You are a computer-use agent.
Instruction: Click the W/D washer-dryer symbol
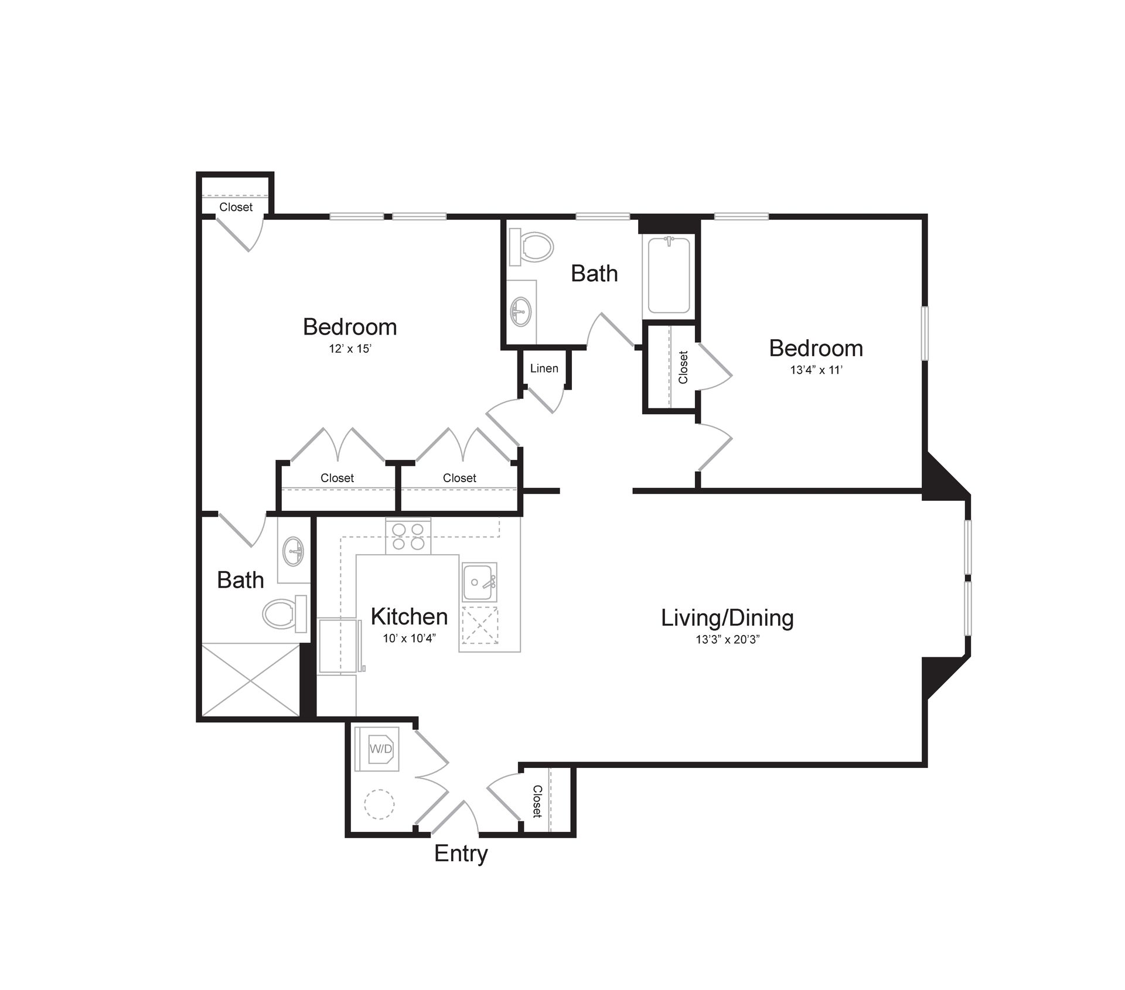tap(380, 749)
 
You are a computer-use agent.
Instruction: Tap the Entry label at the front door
tap(461, 854)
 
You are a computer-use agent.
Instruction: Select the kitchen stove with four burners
tap(408, 537)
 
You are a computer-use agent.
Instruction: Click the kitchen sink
tap(479, 582)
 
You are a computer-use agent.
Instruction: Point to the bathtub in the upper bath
tap(669, 275)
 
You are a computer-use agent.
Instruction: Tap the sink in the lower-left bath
tap(294, 551)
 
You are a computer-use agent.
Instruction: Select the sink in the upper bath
tap(520, 310)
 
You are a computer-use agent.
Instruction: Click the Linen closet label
tap(544, 368)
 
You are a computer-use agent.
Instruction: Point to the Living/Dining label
tap(727, 618)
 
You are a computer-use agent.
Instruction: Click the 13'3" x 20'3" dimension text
tap(727, 640)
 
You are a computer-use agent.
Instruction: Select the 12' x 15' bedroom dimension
tap(350, 349)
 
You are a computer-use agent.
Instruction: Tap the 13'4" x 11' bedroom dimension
tap(816, 370)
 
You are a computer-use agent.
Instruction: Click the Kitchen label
tap(409, 617)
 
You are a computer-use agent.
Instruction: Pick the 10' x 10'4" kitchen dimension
tap(409, 639)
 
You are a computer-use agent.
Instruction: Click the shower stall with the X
tap(251, 680)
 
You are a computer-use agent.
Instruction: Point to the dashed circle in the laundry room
tap(379, 804)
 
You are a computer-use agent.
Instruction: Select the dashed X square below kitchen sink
tap(480, 626)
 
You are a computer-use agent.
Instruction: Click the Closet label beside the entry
tap(537, 801)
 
